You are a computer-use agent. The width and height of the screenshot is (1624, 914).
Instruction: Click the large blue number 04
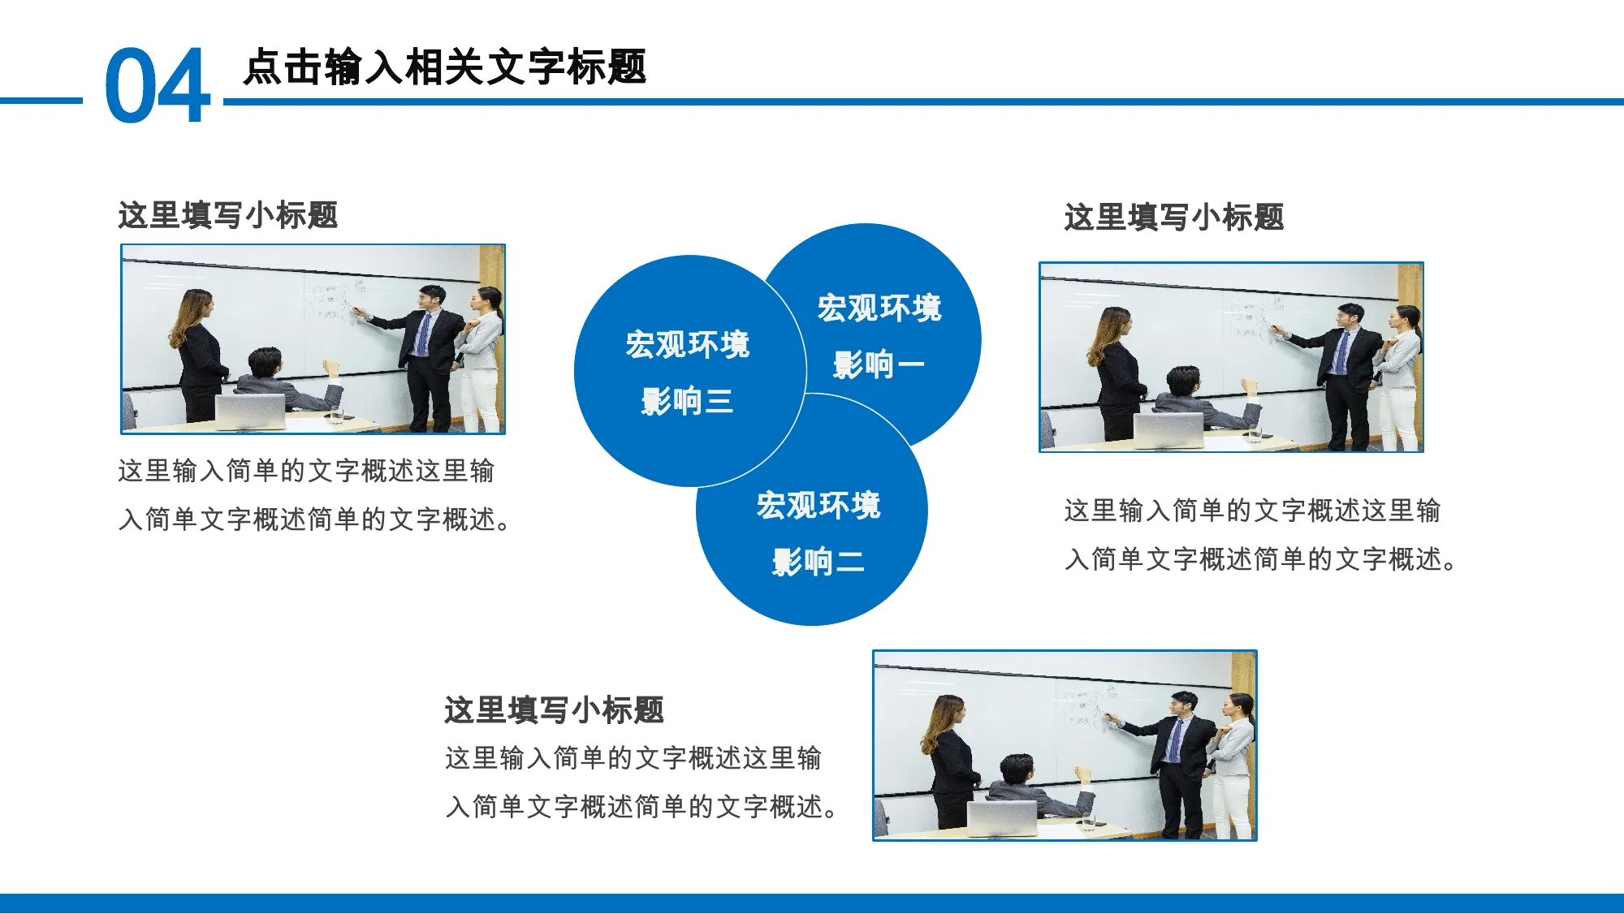tap(158, 84)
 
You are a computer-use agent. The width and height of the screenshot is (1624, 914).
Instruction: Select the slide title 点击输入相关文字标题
tap(445, 67)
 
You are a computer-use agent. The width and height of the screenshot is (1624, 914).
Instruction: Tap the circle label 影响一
tap(879, 364)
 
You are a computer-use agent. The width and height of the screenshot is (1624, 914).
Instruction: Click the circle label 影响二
tap(818, 562)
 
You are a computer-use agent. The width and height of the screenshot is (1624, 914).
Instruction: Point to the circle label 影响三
tap(687, 401)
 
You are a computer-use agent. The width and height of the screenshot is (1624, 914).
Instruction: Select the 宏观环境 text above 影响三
tap(687, 345)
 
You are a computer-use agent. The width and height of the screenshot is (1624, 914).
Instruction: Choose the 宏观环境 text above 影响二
tap(818, 506)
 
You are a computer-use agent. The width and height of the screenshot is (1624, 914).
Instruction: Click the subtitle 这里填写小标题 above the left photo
tap(227, 215)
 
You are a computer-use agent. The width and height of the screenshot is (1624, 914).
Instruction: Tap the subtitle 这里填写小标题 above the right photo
tap(1174, 218)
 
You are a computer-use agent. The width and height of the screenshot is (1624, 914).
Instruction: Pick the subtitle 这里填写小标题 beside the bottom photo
tap(554, 710)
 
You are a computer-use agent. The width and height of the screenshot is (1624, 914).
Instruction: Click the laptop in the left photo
tap(250, 412)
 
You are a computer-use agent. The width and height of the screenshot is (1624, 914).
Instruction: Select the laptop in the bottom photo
tap(1002, 818)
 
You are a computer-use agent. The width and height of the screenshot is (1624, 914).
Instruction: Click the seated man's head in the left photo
tap(265, 363)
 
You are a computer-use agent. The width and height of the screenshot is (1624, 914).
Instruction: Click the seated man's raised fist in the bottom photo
tap(1082, 774)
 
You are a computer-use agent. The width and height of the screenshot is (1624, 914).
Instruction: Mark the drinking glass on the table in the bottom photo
tap(1088, 822)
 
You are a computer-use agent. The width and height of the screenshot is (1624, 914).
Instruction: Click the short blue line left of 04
tap(41, 101)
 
